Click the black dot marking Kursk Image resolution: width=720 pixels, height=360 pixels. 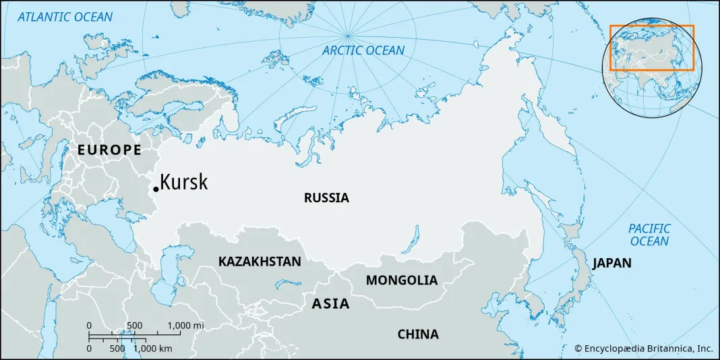(156, 189)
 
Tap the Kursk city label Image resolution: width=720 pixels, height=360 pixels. (184, 183)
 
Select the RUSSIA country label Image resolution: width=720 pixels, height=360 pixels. (326, 198)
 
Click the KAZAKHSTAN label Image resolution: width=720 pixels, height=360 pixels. (260, 262)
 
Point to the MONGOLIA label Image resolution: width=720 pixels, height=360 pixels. (402, 280)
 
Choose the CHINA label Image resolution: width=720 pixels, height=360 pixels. (418, 334)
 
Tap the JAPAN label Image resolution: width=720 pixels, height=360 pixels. (612, 264)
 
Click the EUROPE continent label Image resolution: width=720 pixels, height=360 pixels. (109, 150)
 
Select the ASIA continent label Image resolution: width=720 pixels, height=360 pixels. (330, 304)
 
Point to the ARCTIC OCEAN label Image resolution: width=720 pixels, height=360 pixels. (363, 51)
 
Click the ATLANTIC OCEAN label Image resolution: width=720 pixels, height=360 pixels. (65, 17)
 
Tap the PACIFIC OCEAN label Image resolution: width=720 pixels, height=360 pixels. (650, 235)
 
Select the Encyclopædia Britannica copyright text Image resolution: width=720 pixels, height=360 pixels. (643, 349)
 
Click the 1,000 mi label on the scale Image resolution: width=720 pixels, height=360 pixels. (185, 326)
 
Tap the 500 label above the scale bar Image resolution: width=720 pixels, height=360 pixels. (134, 326)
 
